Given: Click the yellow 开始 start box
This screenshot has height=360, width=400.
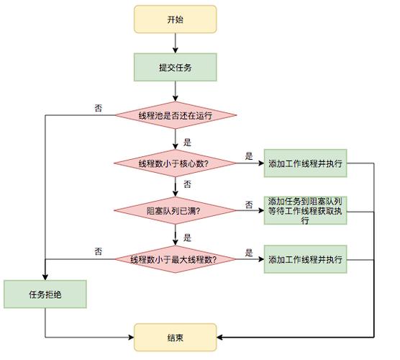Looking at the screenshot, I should tap(174, 19).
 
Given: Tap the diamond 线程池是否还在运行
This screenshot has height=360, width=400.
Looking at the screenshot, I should tap(174, 114).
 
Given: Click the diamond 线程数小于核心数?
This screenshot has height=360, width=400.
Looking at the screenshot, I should tap(174, 163).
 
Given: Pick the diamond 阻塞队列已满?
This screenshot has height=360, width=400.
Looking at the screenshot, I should tap(174, 211).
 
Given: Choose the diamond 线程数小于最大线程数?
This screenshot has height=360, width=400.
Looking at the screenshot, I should tap(174, 258).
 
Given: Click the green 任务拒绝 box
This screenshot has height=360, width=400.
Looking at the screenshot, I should tap(46, 294).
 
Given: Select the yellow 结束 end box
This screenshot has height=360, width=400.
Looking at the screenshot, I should tap(174, 336).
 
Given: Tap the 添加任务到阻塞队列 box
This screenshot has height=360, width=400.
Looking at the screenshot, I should tap(305, 211).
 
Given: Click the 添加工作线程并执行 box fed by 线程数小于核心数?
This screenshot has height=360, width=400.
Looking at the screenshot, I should tap(305, 163).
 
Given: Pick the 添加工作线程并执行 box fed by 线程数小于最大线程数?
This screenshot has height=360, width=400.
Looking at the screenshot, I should tap(305, 258).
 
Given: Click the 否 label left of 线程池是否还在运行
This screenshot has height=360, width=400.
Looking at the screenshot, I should tap(99, 108).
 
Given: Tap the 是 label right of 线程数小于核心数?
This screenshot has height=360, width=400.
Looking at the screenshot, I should tap(249, 156).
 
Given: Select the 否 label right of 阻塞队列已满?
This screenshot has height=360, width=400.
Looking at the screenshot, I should tap(249, 204).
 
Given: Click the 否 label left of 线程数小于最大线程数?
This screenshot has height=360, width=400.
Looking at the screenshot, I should tap(99, 251).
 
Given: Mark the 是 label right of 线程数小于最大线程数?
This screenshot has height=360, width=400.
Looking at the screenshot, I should tap(249, 252).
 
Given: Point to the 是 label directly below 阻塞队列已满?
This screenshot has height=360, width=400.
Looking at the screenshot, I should tap(187, 236).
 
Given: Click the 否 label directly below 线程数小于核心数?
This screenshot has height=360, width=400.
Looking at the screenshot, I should tap(187, 185).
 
